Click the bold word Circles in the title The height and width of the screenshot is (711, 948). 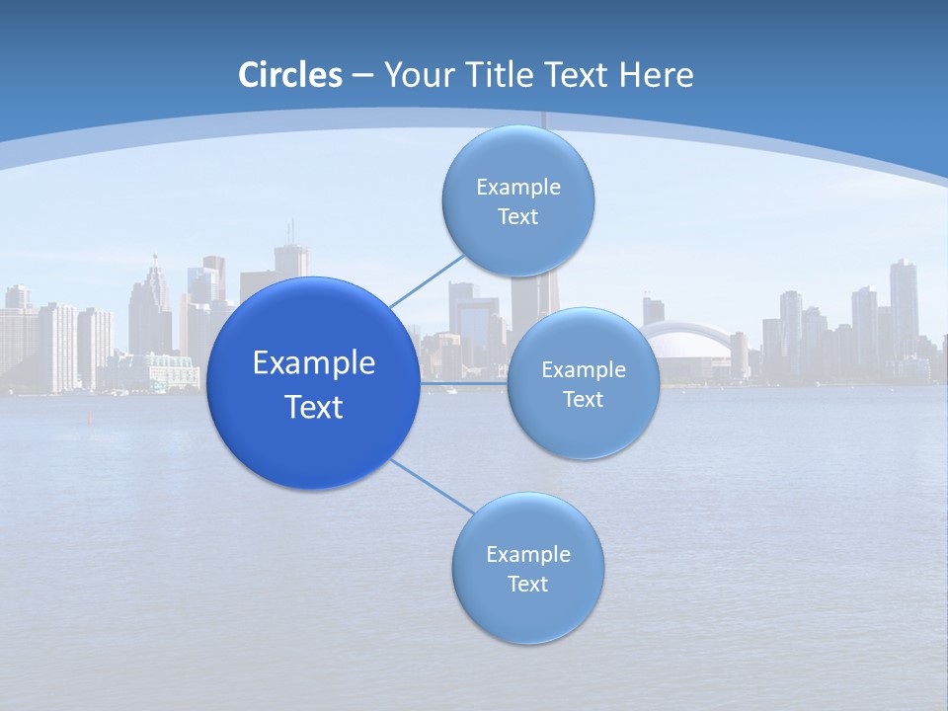tap(289, 75)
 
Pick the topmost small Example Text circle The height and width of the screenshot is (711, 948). tap(517, 200)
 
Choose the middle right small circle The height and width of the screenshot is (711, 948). tap(583, 383)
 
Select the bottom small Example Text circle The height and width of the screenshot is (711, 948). tap(527, 568)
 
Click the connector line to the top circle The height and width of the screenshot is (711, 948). tap(427, 278)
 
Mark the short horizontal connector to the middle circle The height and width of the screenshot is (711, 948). tap(463, 382)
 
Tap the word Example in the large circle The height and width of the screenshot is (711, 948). tap(313, 362)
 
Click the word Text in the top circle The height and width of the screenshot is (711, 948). tap(517, 217)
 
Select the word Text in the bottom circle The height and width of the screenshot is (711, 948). tap(527, 585)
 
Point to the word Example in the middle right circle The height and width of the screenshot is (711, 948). tap(583, 369)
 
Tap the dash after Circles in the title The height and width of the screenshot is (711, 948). tap(361, 75)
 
